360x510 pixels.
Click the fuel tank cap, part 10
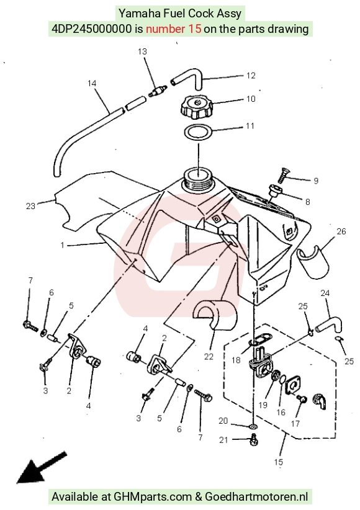[x=197, y=107]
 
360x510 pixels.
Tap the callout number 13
[x=142, y=51]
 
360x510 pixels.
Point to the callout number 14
[x=92, y=83]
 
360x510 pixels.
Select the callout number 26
[x=341, y=231]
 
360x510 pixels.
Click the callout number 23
[x=30, y=206]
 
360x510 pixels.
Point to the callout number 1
[x=62, y=245]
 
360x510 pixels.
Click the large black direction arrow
[x=41, y=467]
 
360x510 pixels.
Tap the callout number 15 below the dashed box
[x=279, y=462]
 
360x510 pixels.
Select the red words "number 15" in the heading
[x=174, y=29]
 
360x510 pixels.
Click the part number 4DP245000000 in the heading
[x=92, y=29]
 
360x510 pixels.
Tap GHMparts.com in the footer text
[x=152, y=497]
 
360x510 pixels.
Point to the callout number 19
[x=263, y=405]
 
